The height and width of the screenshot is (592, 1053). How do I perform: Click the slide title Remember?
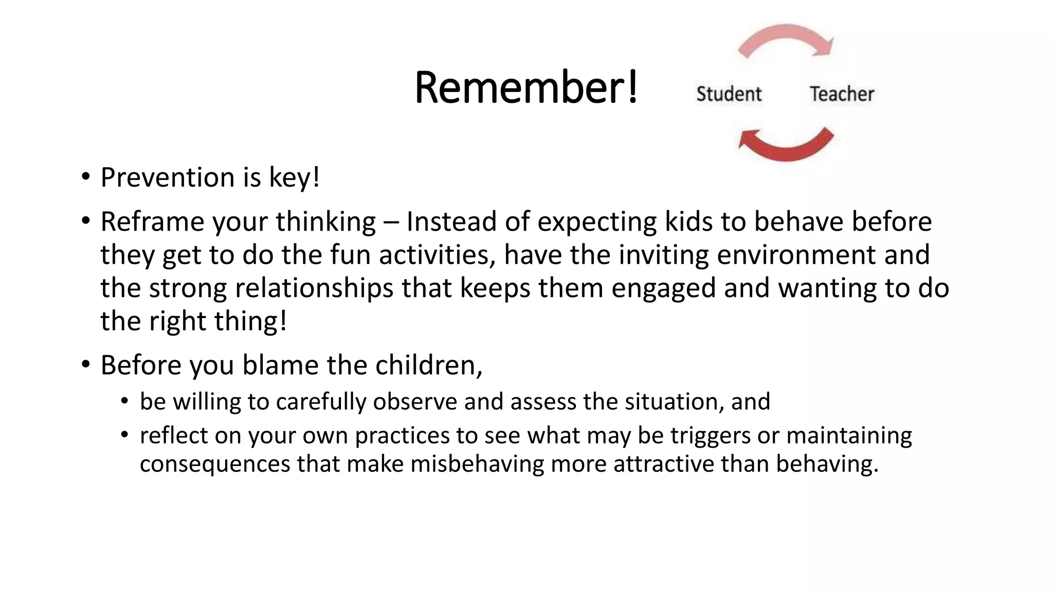(525, 87)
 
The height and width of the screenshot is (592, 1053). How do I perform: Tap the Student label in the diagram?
(729, 94)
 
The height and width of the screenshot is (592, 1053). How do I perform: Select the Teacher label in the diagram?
(842, 94)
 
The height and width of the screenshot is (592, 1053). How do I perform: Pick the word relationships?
(314, 288)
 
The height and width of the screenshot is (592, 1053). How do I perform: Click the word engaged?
(663, 288)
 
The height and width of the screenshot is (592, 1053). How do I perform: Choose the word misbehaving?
(477, 464)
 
